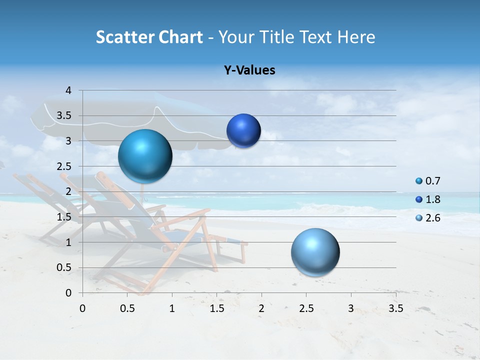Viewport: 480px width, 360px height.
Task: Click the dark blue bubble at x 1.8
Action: click(243, 130)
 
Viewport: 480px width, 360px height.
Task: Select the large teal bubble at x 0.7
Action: click(145, 156)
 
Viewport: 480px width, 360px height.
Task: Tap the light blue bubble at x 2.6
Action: click(315, 252)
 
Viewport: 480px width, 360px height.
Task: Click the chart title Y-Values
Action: click(249, 70)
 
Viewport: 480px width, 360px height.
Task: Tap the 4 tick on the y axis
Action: click(68, 90)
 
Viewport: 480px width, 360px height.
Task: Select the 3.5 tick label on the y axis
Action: click(65, 116)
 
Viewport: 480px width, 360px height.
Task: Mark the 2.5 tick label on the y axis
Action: click(65, 166)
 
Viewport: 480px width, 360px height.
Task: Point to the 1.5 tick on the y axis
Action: click(65, 217)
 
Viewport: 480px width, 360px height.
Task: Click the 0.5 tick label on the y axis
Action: click(65, 267)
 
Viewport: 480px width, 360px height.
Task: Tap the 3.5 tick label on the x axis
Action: click(396, 308)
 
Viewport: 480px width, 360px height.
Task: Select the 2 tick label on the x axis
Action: click(261, 308)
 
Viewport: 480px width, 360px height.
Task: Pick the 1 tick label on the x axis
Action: click(172, 308)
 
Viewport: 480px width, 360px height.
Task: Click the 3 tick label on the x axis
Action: click(351, 308)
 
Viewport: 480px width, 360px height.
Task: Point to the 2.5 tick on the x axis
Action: click(306, 308)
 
